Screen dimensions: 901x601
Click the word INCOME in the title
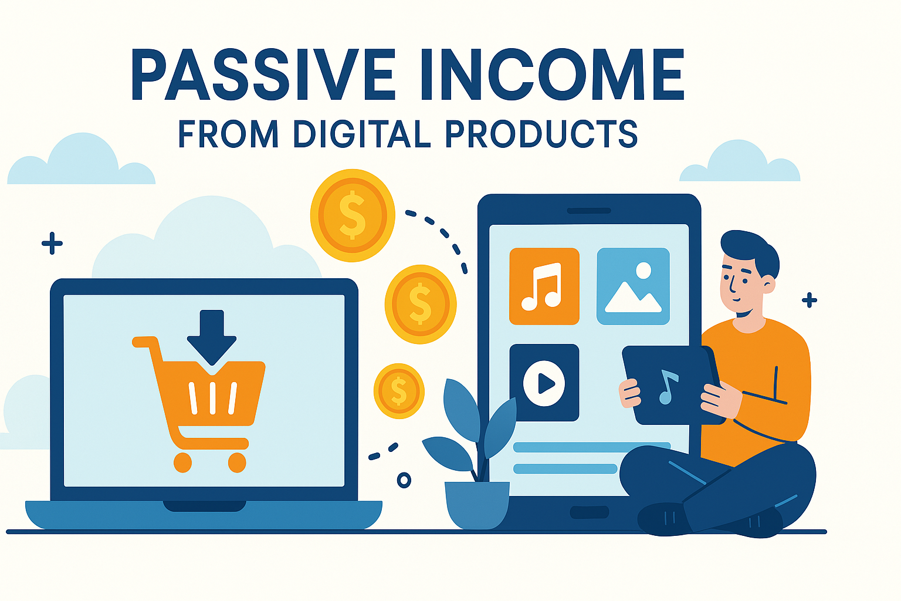[552, 75]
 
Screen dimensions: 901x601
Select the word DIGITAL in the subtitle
[362, 133]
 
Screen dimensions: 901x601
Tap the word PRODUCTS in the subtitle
[541, 133]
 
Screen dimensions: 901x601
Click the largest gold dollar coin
[353, 215]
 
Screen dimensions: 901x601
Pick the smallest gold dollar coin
[399, 391]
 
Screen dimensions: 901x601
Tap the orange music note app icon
[544, 286]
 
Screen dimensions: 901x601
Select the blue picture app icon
[633, 286]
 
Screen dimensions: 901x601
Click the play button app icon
[544, 383]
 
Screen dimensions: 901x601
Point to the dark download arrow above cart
[212, 336]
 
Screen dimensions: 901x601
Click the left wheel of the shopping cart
[182, 462]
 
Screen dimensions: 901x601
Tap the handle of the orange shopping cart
[145, 342]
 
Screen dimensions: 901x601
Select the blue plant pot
[477, 505]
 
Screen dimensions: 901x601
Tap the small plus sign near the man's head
[809, 300]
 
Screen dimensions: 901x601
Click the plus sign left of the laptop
[52, 243]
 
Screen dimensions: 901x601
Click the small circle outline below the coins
[404, 480]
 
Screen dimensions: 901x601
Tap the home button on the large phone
[590, 512]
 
